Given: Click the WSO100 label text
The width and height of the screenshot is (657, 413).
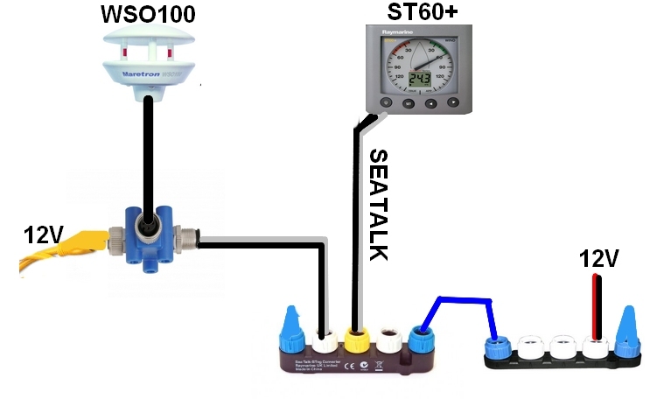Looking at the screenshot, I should (148, 14).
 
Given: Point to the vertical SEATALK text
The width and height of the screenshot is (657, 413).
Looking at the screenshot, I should (378, 204).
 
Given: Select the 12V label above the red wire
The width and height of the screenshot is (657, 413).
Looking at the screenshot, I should (599, 259).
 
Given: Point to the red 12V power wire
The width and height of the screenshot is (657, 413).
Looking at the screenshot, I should (596, 306).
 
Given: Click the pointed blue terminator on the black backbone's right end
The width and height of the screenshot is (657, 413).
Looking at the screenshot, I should (629, 332).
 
